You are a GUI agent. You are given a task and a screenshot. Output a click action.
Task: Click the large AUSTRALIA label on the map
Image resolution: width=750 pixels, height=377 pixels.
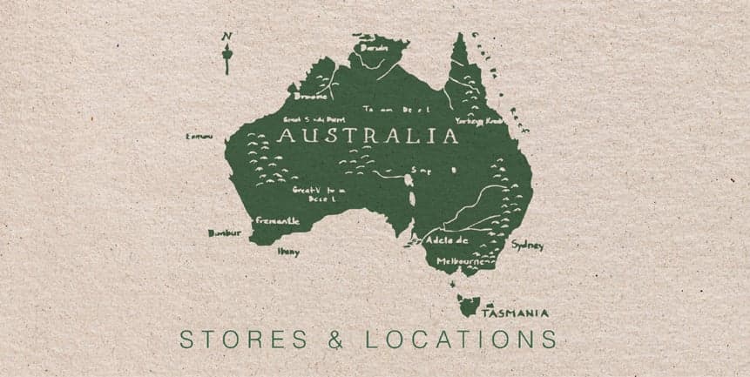[x=367, y=137]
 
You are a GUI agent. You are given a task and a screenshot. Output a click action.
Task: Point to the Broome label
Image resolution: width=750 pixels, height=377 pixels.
[x=312, y=97]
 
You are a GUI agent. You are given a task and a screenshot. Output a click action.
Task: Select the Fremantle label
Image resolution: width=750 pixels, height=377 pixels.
[x=277, y=221]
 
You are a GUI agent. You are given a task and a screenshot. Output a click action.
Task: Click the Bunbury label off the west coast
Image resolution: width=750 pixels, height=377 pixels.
[x=224, y=233]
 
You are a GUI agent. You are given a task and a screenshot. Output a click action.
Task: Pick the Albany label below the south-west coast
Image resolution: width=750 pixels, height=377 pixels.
[x=288, y=252]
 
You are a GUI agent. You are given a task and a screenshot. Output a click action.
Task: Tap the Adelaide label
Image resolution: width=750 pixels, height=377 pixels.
[x=447, y=239]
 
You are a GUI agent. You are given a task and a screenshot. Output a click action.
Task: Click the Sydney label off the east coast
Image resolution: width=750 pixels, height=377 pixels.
[x=528, y=245]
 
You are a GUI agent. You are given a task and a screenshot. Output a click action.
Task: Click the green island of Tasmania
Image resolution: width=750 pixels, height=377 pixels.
[x=468, y=305]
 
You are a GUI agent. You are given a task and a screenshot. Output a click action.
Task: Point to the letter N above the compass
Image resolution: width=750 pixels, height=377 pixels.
[x=226, y=36]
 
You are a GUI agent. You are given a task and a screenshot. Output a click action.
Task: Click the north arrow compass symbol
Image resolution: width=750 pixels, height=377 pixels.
[x=227, y=58]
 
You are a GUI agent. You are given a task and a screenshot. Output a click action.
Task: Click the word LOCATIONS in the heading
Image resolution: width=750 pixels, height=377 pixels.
[x=461, y=339]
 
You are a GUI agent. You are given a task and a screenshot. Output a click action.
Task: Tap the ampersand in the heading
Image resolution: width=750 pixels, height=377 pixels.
[x=336, y=339]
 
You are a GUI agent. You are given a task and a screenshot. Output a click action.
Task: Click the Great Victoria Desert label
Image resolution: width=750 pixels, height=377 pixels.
[x=319, y=193]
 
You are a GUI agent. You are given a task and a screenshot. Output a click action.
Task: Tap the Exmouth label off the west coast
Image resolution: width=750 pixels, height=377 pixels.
[x=199, y=136]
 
